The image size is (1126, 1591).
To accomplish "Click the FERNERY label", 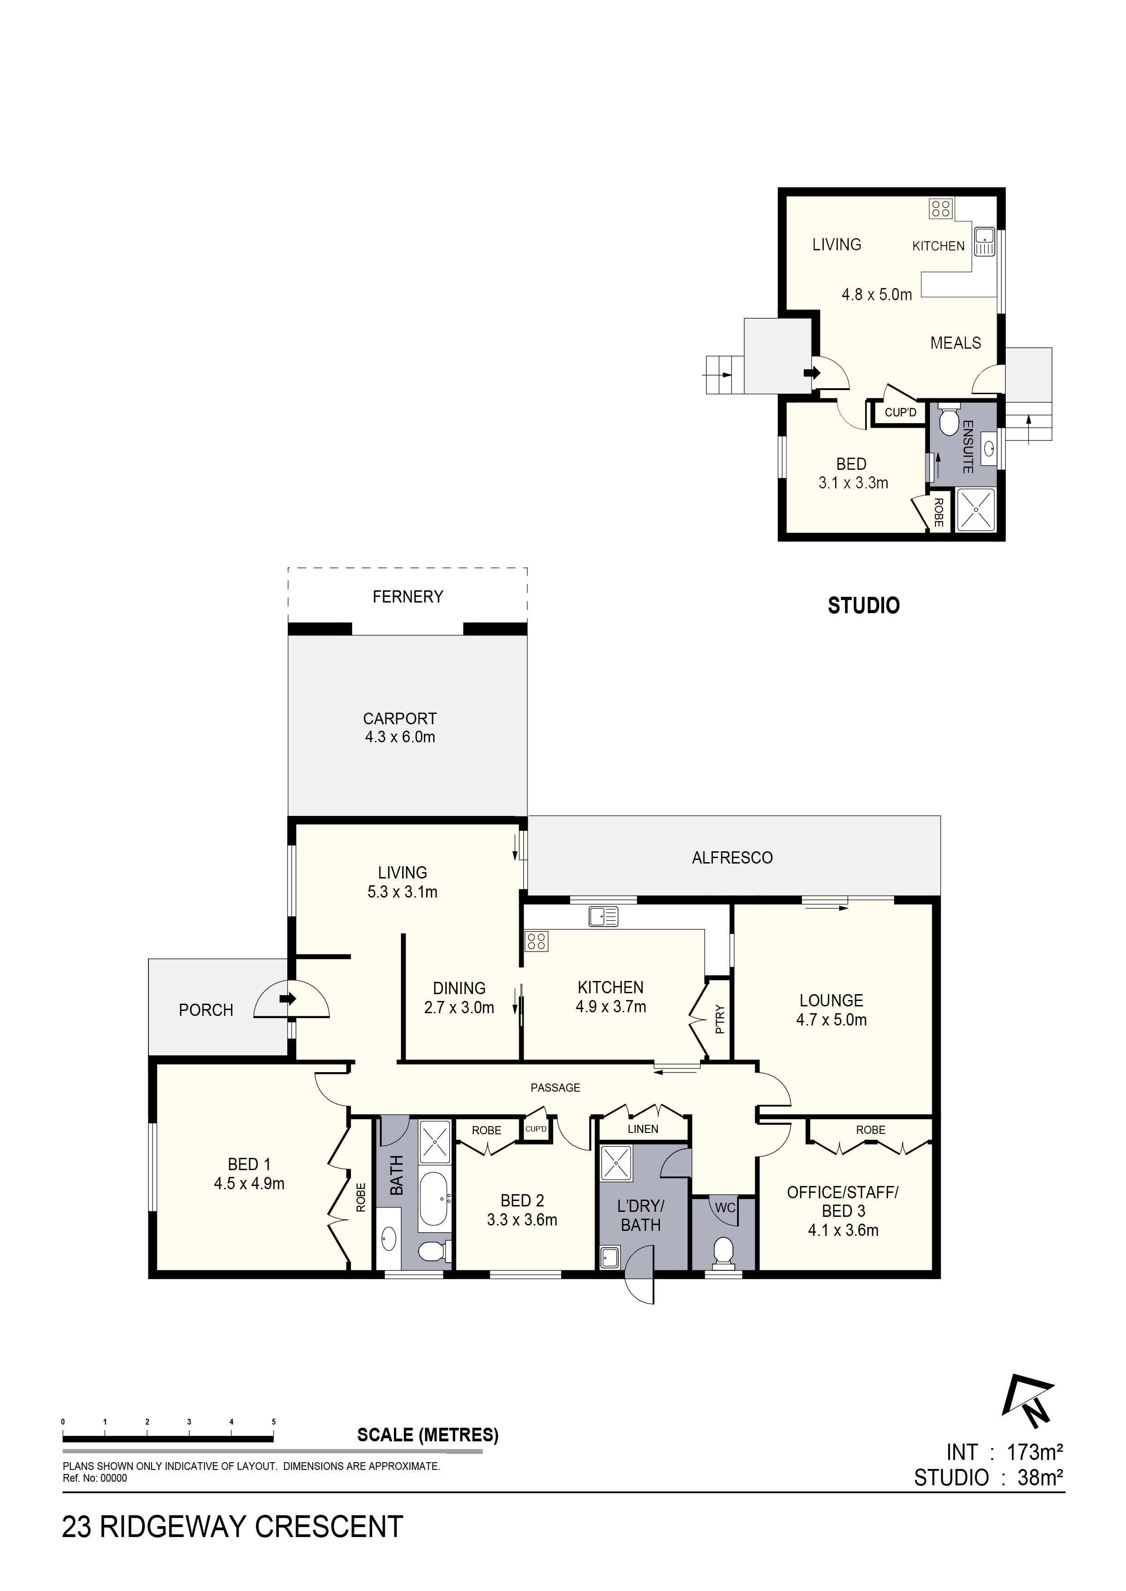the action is pos(408,597).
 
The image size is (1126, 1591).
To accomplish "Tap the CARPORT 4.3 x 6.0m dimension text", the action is pos(400,737).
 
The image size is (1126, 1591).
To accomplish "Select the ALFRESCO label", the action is pos(732,858).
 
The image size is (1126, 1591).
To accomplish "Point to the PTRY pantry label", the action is pos(720,1020).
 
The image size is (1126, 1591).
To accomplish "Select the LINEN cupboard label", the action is pos(643,1129).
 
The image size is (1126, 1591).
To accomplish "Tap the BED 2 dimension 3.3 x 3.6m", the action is pos(522,1220).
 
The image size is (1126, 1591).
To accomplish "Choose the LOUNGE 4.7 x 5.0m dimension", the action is pos(831,1020).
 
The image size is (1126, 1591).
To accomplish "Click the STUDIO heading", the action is pos(864,605).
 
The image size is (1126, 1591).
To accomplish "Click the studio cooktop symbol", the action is pos(941,209).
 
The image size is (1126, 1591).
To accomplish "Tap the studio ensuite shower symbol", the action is pos(975,510).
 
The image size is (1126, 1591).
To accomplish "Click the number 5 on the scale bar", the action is pos(274,1422).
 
